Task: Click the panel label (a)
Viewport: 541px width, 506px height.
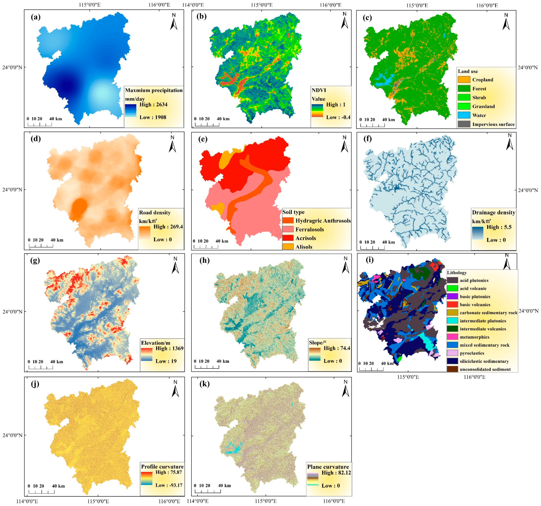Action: point(36,17)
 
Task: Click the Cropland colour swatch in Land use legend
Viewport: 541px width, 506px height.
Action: point(464,80)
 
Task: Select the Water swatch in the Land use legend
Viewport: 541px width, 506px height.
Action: point(464,115)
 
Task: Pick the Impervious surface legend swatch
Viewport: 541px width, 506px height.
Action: point(464,124)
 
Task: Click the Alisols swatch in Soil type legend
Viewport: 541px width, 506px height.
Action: point(288,247)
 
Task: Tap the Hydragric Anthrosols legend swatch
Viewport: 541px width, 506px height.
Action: point(288,221)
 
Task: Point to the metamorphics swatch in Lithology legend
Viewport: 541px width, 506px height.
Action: point(452,337)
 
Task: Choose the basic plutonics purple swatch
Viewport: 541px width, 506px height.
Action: point(452,296)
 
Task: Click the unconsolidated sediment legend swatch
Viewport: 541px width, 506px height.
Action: point(452,369)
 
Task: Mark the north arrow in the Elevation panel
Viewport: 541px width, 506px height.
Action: point(175,266)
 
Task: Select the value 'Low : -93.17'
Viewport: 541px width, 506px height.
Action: point(169,485)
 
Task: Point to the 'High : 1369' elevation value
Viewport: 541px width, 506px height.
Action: point(169,348)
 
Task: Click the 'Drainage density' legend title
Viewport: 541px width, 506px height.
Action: point(493,213)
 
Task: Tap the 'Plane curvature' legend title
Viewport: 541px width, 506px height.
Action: point(328,467)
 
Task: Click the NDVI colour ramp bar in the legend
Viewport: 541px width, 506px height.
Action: point(317,111)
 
